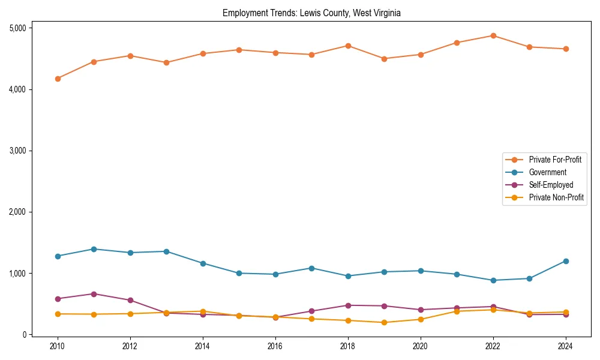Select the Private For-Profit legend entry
pyautogui.click(x=555, y=160)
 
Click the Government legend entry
pyautogui.click(x=547, y=172)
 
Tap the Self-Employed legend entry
pyautogui.click(x=551, y=185)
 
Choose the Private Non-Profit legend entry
pyautogui.click(x=556, y=197)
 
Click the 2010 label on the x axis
pyautogui.click(x=58, y=347)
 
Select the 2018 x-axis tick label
pyautogui.click(x=348, y=347)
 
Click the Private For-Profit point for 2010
pyautogui.click(x=58, y=79)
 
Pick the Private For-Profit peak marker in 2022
pyautogui.click(x=493, y=35)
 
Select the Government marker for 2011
pyautogui.click(x=94, y=249)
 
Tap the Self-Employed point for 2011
pyautogui.click(x=94, y=294)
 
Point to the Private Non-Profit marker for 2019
pyautogui.click(x=384, y=322)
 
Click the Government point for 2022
pyautogui.click(x=493, y=280)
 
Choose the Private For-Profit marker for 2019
pyautogui.click(x=384, y=59)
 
